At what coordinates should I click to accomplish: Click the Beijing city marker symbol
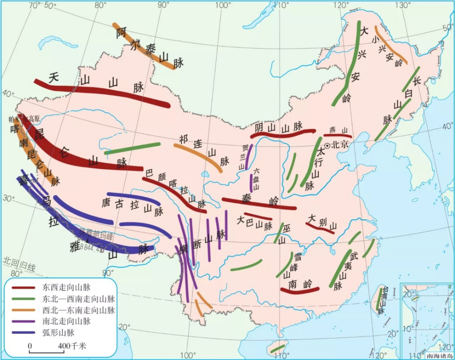pyautogui.click(x=327, y=145)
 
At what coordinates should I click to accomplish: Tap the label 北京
pyautogui.click(x=340, y=145)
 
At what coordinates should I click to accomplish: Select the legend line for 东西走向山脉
pyautogui.click(x=23, y=288)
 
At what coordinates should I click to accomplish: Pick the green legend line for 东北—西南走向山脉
pyautogui.click(x=23, y=299)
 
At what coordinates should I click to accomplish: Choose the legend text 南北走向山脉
pyautogui.click(x=66, y=321)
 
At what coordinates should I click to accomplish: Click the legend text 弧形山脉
pyautogui.click(x=58, y=333)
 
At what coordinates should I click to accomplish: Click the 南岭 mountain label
pyautogui.click(x=300, y=284)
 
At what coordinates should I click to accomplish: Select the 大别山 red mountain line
pyautogui.click(x=321, y=228)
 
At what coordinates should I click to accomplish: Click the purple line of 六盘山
pyautogui.click(x=251, y=183)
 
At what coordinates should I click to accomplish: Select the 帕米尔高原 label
pyautogui.click(x=24, y=119)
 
